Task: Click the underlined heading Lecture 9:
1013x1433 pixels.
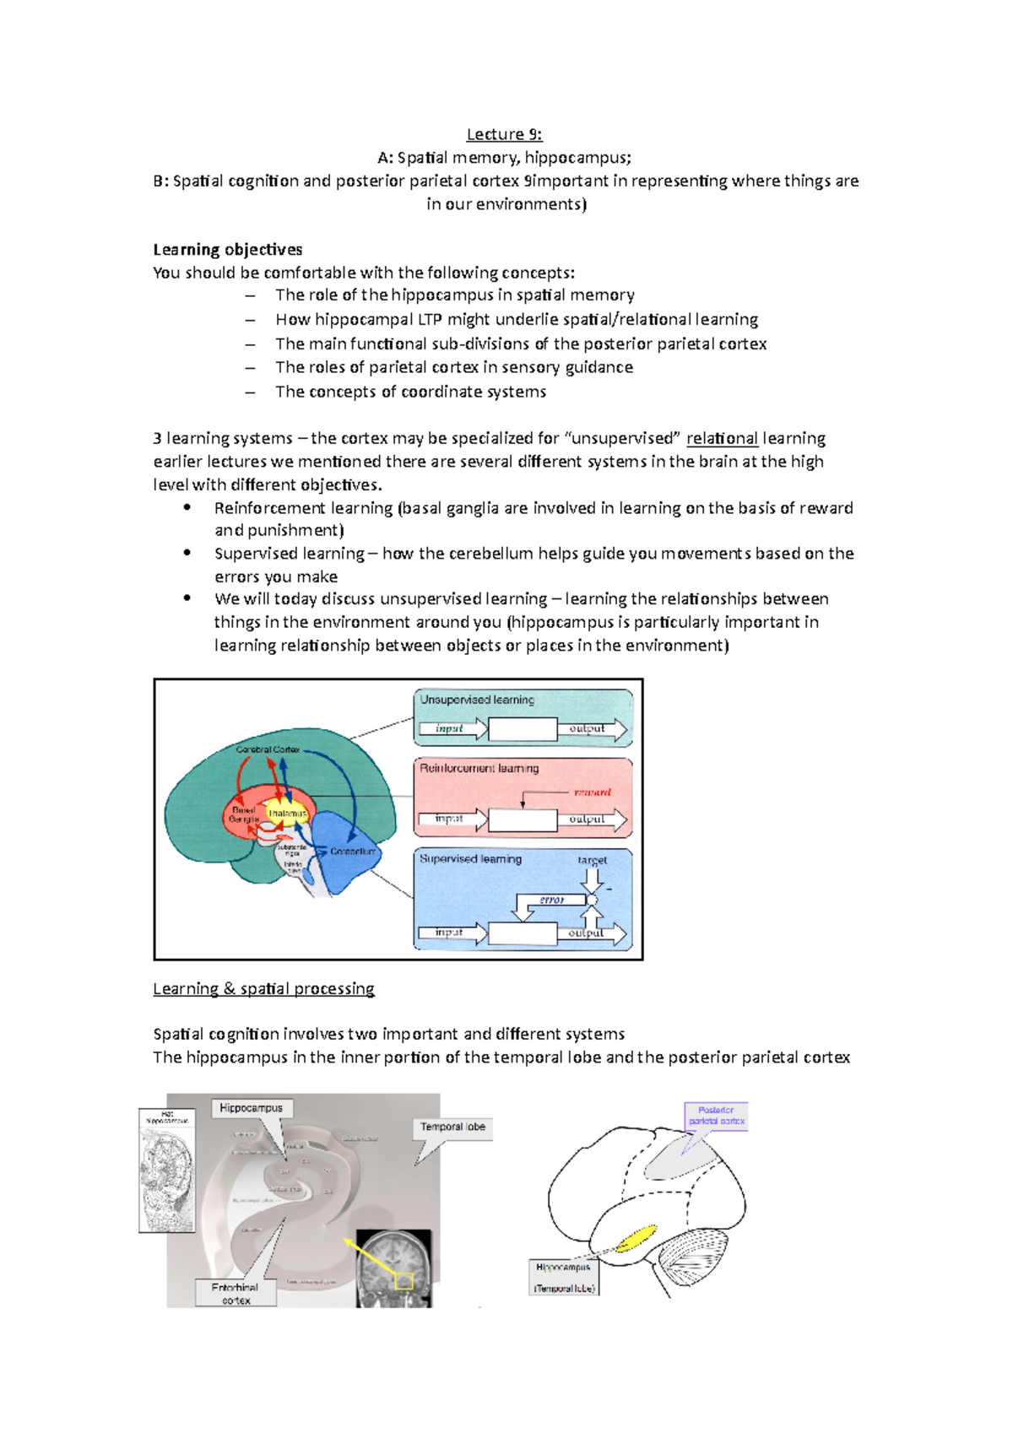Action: pos(504,134)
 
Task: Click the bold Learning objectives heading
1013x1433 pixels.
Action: pos(227,249)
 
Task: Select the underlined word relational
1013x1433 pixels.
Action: pos(722,438)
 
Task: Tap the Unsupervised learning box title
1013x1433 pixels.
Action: pos(477,700)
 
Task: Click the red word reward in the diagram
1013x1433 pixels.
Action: pos(592,792)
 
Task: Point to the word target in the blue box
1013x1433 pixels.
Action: pos(592,860)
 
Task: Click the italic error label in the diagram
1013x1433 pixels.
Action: pos(551,900)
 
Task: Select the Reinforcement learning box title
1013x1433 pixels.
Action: pos(479,768)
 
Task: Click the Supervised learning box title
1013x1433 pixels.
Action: pos(470,858)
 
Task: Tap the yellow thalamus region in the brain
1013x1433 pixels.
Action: pos(287,814)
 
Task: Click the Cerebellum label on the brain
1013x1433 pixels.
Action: pos(352,852)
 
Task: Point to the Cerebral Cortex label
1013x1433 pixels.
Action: pos(268,749)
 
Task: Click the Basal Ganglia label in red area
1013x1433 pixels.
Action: pos(243,814)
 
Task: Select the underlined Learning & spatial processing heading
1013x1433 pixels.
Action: pos(263,988)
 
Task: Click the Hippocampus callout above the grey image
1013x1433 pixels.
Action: pos(251,1108)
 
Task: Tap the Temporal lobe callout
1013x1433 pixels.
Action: pos(452,1127)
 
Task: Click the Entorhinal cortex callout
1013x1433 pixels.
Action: pos(235,1293)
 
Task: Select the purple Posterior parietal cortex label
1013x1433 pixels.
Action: pos(716,1116)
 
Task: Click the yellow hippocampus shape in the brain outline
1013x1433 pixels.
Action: pos(637,1238)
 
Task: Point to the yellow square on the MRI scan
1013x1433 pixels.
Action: pos(404,1280)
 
